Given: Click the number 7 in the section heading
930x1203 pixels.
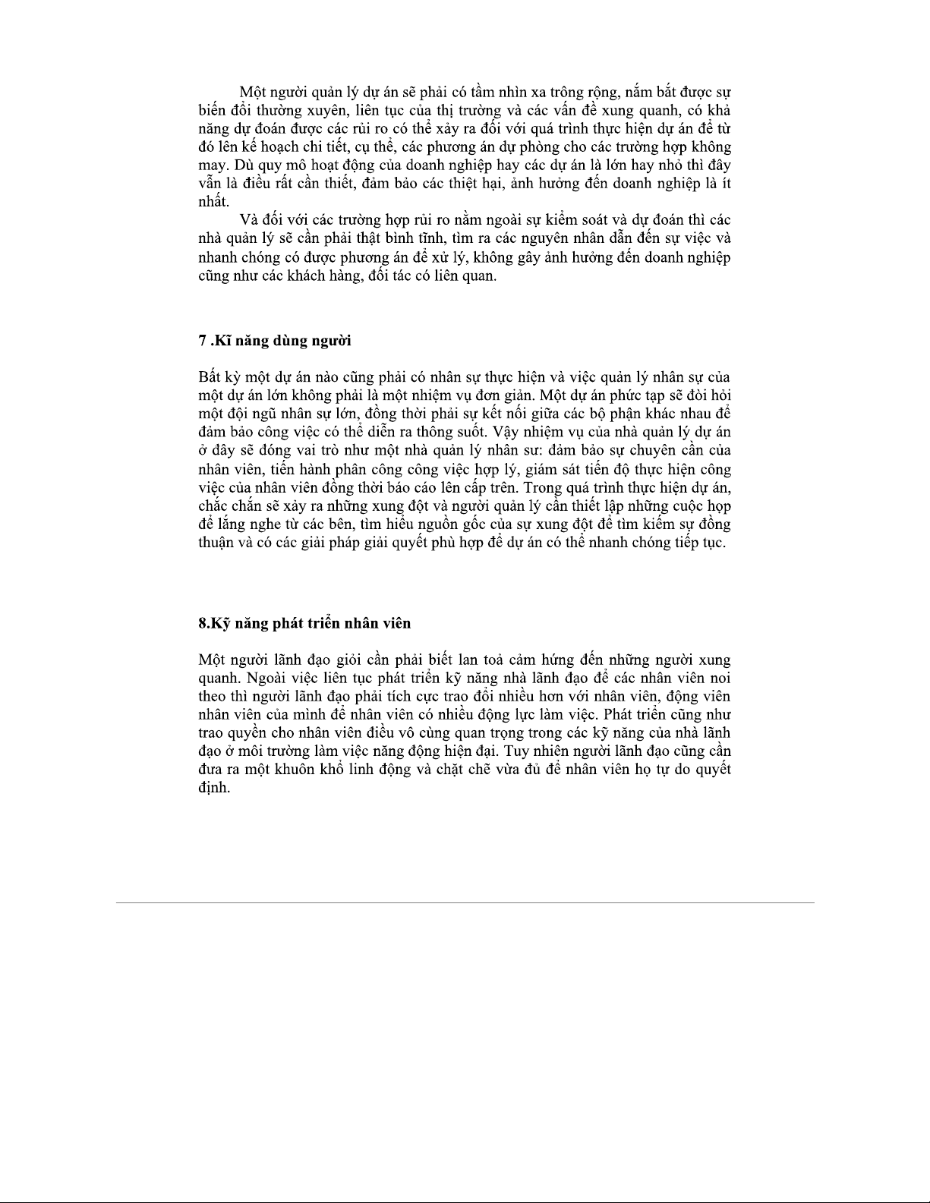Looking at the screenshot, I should point(202,341).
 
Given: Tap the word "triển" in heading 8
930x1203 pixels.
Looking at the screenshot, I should point(327,623).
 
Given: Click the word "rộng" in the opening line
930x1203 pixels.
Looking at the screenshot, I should point(604,93).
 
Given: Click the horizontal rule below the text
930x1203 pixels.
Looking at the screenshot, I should point(465,902).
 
